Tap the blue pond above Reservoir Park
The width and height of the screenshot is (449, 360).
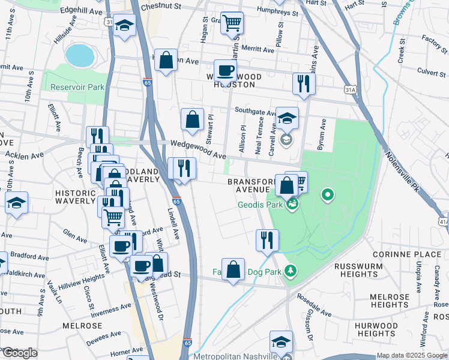click(x=79, y=55)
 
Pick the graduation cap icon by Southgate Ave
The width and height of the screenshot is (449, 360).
click(x=288, y=118)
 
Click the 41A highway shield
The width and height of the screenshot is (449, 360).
click(x=444, y=221)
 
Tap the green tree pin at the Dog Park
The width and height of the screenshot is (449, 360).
click(x=291, y=271)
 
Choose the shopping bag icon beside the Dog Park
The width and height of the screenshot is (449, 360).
click(x=233, y=270)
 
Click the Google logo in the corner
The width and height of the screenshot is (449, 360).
click(x=20, y=353)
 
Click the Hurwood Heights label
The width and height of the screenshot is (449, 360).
click(x=372, y=329)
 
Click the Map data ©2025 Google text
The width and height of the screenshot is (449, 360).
click(x=411, y=355)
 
